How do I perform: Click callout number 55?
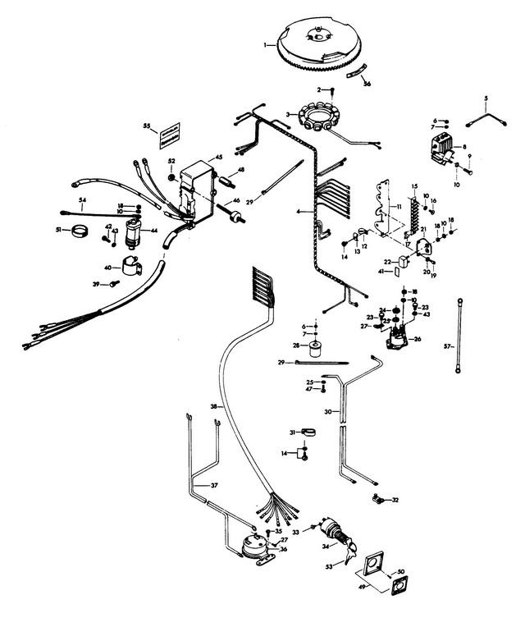tap(147, 126)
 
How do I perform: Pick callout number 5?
tap(485, 98)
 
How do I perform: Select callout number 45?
tap(219, 157)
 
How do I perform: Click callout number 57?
tap(448, 347)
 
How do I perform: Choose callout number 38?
tap(213, 406)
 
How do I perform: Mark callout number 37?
tap(214, 486)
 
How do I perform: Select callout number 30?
tap(327, 412)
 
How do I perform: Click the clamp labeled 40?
tap(131, 265)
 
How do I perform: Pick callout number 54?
tap(82, 199)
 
